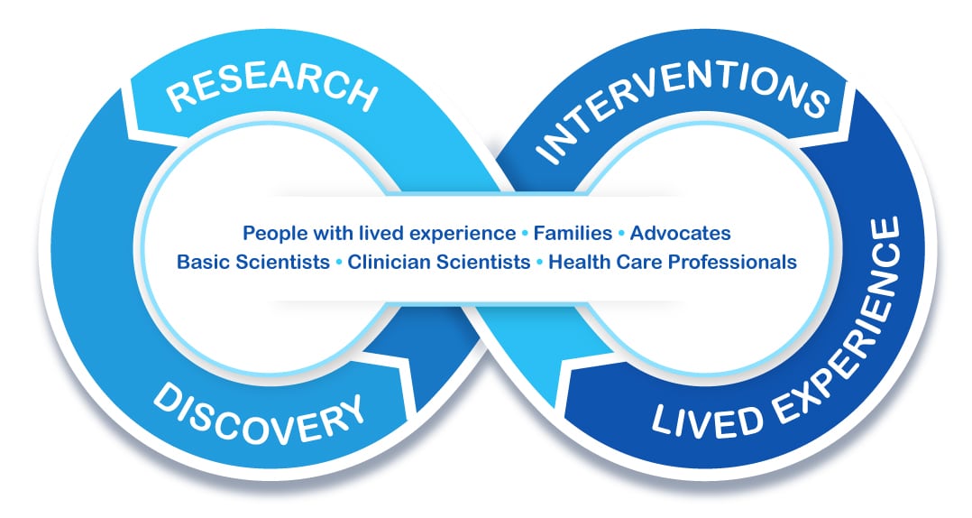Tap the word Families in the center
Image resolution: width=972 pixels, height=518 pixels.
(573, 233)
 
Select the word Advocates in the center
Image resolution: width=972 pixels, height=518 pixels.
(680, 233)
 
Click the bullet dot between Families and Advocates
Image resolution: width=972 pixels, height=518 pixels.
(621, 234)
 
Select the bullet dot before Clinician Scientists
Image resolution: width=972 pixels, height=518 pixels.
(338, 263)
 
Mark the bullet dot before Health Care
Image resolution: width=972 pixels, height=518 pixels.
(539, 263)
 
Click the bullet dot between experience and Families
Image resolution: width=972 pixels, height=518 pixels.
(525, 234)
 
